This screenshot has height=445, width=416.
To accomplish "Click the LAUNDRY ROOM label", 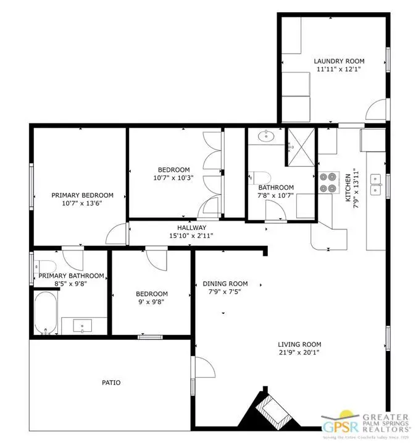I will (x=339, y=61).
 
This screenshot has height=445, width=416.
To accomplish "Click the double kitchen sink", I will (x=375, y=179).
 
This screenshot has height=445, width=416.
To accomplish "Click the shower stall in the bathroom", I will (x=301, y=146).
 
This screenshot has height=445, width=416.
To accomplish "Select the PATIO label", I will (x=111, y=383).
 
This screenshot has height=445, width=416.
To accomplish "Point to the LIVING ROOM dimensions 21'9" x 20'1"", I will (x=299, y=353).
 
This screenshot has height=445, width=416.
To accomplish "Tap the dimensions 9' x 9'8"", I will (x=152, y=303).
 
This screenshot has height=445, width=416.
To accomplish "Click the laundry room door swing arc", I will (x=374, y=111).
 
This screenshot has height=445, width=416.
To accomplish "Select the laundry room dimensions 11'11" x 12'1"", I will (x=339, y=70).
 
